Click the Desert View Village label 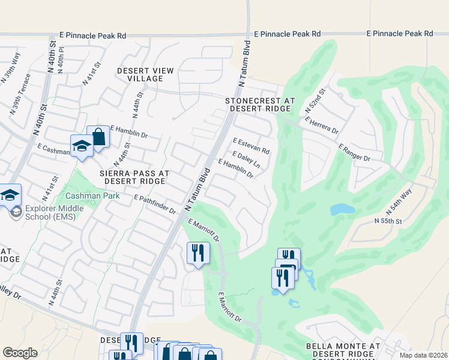(145, 74)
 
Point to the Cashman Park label (92, 196)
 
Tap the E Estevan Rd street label (251, 146)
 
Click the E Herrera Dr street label (322, 125)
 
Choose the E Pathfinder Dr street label (155, 205)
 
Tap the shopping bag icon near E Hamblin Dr (98, 137)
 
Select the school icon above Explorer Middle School (10, 195)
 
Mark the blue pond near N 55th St (342, 209)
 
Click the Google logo (20, 353)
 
